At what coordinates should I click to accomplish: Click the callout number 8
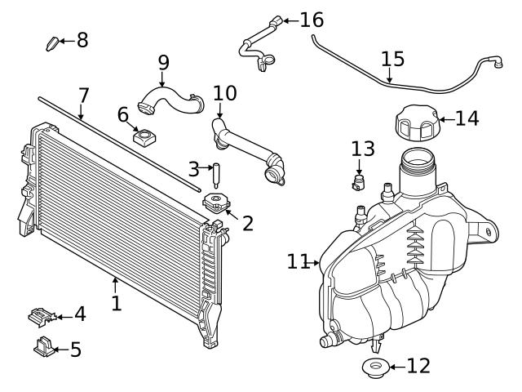coord(82,39)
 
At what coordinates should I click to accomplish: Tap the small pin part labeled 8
coord(53,42)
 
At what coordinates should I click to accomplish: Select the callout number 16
coord(312,19)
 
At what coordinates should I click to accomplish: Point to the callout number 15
coord(392,59)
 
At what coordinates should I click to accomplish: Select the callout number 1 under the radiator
coord(116,303)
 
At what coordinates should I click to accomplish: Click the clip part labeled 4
coord(40,314)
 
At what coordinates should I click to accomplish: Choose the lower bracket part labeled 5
coord(44,348)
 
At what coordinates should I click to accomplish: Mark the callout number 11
coord(298,261)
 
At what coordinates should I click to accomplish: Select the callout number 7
coord(83,96)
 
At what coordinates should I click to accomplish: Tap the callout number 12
coord(418,366)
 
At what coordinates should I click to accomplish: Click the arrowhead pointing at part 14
coord(441,119)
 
